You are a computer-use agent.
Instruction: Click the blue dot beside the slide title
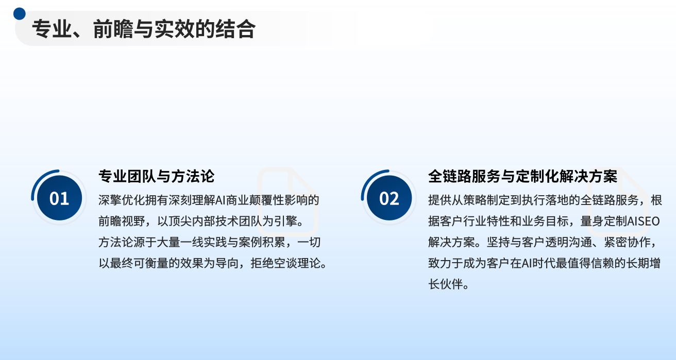[20, 14]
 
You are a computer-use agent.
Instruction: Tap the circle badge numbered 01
[59, 198]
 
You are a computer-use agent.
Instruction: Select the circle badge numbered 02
[390, 198]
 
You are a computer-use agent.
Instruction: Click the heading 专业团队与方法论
[156, 176]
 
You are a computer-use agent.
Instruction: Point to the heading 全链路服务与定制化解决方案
[522, 176]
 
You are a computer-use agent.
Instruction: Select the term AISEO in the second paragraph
[644, 221]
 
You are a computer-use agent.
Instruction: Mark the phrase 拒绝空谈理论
[285, 263]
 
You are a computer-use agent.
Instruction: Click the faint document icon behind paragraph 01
[288, 201]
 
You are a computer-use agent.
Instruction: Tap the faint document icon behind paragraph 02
[617, 201]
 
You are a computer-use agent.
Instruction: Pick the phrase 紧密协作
[627, 242]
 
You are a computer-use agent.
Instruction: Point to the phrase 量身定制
[603, 221]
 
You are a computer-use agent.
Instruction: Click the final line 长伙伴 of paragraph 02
[446, 284]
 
